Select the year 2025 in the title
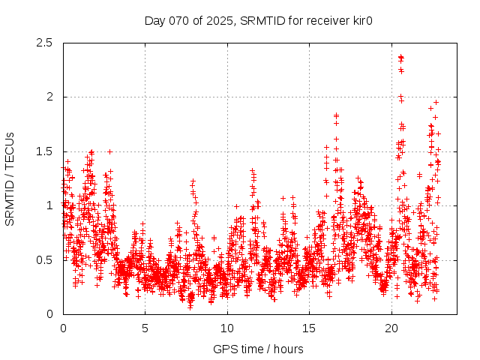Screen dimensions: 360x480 click(217, 20)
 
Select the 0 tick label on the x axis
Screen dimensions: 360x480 click(63, 328)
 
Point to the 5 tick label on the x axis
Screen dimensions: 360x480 click(145, 328)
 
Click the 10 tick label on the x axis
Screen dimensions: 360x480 click(227, 328)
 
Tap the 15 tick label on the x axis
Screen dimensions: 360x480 click(310, 328)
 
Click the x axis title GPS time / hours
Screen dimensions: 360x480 click(258, 349)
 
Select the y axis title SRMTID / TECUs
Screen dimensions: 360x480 click(10, 178)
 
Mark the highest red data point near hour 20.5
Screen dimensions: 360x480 click(400, 56)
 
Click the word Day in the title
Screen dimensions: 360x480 click(154, 20)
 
